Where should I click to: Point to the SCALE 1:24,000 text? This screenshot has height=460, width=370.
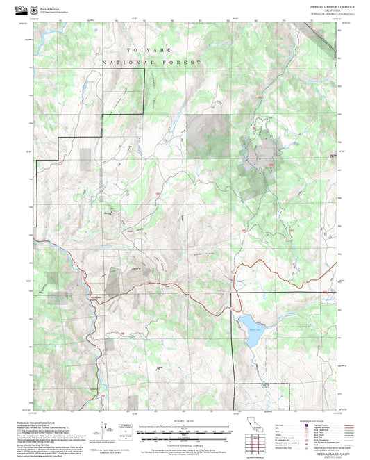tap(183, 421)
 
